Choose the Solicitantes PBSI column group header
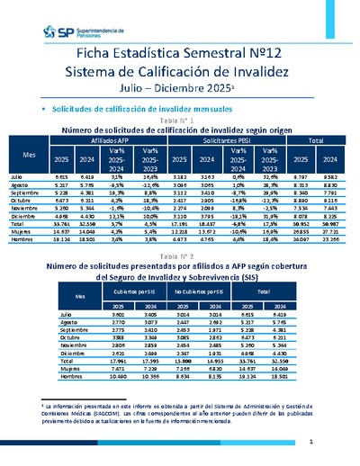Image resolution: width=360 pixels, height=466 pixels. tap(226, 140)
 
